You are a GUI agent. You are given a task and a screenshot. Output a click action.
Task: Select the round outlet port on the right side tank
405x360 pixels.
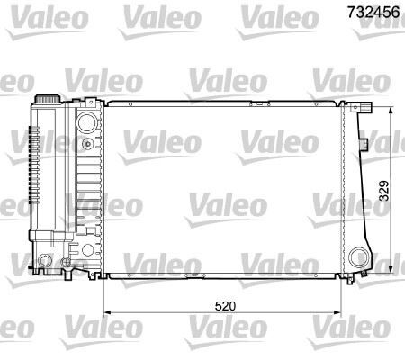(x=359, y=255)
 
